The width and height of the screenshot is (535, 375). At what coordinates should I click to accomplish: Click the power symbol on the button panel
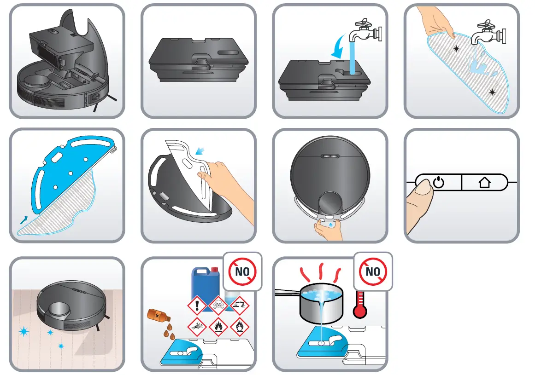click(439, 183)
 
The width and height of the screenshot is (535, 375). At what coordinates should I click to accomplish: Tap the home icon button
click(484, 183)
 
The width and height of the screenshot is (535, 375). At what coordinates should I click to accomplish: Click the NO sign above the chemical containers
click(242, 271)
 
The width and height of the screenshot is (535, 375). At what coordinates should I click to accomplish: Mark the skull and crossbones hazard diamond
click(219, 305)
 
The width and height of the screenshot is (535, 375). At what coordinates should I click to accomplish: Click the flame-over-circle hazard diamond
click(239, 327)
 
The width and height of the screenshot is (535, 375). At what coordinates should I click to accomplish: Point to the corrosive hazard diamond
click(239, 305)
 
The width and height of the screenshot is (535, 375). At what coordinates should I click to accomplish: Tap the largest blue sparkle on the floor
click(23, 331)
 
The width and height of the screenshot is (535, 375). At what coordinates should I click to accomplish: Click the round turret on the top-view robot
click(330, 203)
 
